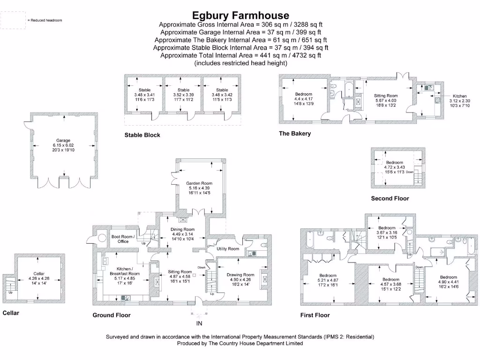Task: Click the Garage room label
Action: tap(63, 140)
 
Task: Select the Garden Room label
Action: tap(199, 183)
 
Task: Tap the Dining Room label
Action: tap(182, 229)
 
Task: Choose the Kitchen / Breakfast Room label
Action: tap(124, 271)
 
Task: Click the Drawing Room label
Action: tap(240, 275)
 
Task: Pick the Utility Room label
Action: tap(228, 248)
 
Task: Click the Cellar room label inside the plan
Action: tap(39, 273)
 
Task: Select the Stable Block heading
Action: tap(142, 135)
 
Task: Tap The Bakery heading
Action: tap(295, 134)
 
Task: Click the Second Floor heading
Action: tap(390, 198)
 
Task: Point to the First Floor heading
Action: tap(315, 315)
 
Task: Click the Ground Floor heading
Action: tap(112, 315)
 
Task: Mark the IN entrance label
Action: tap(199, 323)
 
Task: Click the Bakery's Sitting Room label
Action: tap(386, 96)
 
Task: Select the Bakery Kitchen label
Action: tap(459, 96)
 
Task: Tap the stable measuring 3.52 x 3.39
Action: tap(184, 95)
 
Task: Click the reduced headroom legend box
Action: tap(13, 20)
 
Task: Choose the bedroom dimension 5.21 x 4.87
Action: tap(328, 280)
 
